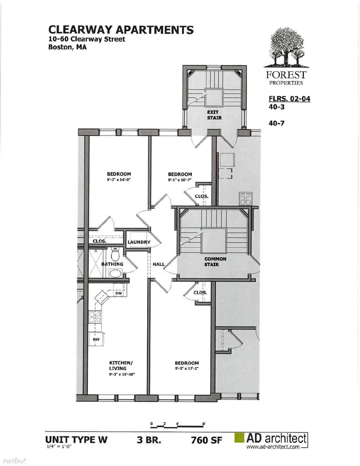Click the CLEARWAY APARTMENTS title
(x=121, y=30)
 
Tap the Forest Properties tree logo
(x=286, y=48)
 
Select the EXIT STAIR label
(x=214, y=115)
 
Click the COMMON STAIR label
(x=215, y=262)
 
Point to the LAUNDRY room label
(x=139, y=242)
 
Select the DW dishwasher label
(x=118, y=293)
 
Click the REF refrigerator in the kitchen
(x=96, y=339)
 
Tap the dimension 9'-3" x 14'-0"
(x=119, y=180)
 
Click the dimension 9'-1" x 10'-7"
(x=180, y=180)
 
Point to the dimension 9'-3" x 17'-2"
(x=187, y=369)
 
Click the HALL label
(x=159, y=264)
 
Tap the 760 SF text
(x=207, y=440)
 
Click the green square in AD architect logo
(x=239, y=438)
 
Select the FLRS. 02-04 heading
(x=290, y=99)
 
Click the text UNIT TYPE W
(x=76, y=439)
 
